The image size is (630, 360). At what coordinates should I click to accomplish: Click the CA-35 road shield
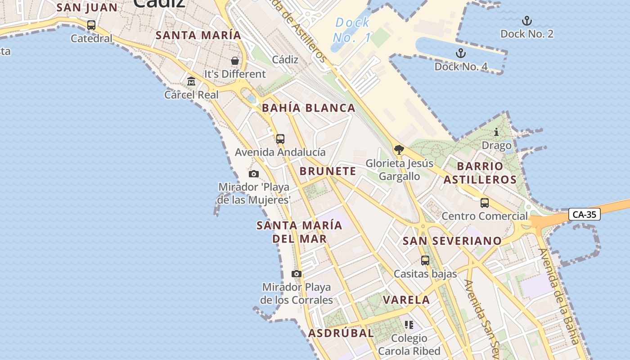pos(585,214)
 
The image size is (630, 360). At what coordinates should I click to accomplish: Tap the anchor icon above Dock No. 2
pos(526,21)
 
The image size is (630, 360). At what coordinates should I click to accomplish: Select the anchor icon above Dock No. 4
pos(460,54)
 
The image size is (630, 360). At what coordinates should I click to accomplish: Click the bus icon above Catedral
pos(91,25)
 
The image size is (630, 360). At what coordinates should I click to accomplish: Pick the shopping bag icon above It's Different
pos(234,61)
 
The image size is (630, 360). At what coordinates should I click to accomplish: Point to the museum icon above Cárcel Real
pos(191,81)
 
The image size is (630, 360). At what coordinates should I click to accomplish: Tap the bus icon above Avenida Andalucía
pos(280,139)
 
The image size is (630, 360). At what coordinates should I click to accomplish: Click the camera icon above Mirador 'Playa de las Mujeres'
pos(254,174)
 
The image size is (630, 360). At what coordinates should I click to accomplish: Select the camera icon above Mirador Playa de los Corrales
pos(296,274)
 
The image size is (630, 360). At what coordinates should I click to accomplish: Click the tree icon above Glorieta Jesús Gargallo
pos(399,150)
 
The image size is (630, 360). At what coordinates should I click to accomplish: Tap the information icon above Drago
pos(496,132)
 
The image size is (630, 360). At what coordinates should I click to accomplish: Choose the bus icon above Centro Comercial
pos(484,203)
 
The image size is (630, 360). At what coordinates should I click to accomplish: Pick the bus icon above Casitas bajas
pos(425,260)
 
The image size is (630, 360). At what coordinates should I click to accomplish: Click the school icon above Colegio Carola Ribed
pos(409,324)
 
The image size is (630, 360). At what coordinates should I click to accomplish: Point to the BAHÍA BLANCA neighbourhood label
pos(309,108)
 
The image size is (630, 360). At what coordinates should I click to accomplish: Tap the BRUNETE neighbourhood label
pos(328,171)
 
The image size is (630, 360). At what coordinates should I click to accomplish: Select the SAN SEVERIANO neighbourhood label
pos(452,241)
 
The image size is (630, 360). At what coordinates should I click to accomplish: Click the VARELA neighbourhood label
pos(406,300)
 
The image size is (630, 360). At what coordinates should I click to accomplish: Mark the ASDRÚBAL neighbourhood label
pos(341,333)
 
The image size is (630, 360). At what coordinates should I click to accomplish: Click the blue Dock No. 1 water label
pos(353,30)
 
